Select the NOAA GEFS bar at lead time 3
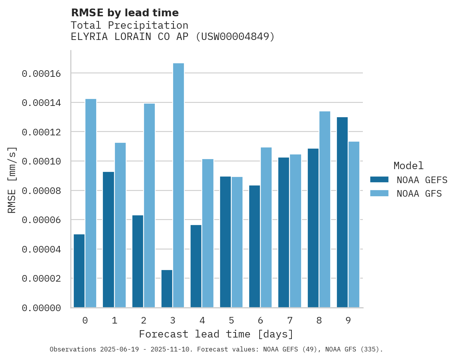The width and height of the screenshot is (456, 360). [x=167, y=289]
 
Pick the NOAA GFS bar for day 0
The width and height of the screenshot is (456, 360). [x=91, y=203]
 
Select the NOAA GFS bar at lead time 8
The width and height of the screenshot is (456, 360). [x=325, y=209]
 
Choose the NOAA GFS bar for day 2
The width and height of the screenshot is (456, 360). [x=149, y=206]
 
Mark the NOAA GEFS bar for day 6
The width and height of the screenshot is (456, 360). [x=255, y=246]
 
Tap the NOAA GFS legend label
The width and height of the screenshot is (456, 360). [x=419, y=193]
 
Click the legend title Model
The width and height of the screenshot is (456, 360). [x=408, y=166]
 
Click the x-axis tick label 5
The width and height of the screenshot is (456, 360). [x=231, y=320]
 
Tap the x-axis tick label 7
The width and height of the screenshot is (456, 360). [x=290, y=320]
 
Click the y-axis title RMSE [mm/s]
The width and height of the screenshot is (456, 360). [x=12, y=180]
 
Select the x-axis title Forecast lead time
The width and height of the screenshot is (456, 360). [x=216, y=334]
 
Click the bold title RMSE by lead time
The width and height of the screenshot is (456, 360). [x=125, y=13]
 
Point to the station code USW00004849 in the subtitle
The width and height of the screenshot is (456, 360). [x=234, y=37]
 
